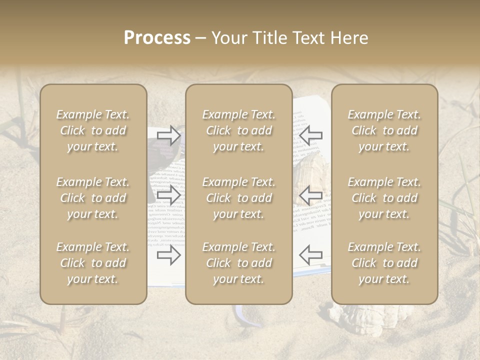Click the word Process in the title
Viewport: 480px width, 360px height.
(x=157, y=38)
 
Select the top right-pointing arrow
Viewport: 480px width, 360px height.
(x=169, y=135)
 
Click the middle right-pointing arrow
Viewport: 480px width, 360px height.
(x=169, y=195)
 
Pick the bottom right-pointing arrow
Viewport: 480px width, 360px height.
(x=169, y=255)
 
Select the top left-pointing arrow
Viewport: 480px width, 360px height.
(x=310, y=135)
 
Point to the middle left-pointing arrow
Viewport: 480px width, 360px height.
(x=310, y=195)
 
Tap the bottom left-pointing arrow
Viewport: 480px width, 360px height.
(x=310, y=255)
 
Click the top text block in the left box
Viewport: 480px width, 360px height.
(x=93, y=130)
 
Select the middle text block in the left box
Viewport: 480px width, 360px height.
(x=93, y=198)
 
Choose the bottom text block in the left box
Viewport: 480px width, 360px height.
(x=93, y=263)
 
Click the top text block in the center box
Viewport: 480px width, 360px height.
(x=238, y=130)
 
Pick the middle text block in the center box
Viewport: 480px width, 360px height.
(x=238, y=198)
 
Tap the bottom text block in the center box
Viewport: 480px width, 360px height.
(x=238, y=263)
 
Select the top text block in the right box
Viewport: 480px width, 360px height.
(x=384, y=130)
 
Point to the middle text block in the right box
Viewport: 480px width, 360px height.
(x=384, y=198)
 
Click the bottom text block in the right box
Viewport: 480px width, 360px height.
(x=384, y=263)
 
